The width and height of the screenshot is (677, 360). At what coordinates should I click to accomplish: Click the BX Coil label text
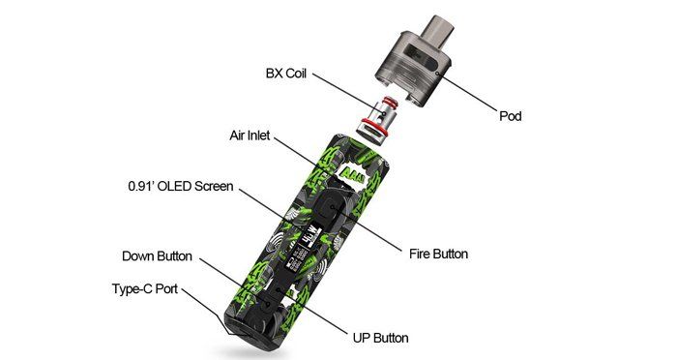click(286, 73)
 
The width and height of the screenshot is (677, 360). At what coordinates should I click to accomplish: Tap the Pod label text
click(511, 116)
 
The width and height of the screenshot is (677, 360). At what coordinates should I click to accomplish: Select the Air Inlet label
click(250, 135)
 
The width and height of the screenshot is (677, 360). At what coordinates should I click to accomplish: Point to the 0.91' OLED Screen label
click(181, 186)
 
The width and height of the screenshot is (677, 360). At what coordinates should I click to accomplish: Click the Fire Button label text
click(438, 254)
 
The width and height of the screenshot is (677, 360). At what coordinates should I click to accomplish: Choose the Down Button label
click(157, 255)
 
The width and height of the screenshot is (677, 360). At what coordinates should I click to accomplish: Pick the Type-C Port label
click(145, 288)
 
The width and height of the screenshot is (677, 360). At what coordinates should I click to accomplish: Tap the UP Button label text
click(380, 338)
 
